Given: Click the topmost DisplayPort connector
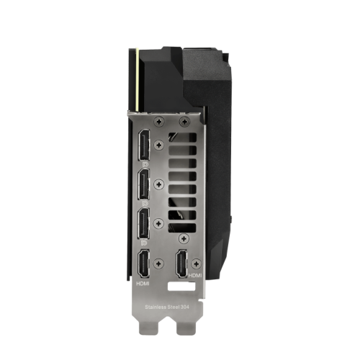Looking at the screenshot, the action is (x=144, y=145).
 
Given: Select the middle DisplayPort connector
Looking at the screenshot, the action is (x=144, y=184).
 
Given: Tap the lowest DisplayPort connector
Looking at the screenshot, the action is (x=144, y=223).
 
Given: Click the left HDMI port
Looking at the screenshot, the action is (x=143, y=264).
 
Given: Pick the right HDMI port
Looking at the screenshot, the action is (x=181, y=264).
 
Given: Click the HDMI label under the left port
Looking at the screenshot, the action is (x=143, y=284).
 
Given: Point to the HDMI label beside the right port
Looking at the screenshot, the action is (x=195, y=275).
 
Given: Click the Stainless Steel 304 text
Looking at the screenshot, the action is (x=167, y=307).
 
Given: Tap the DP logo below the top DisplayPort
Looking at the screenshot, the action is (x=145, y=165).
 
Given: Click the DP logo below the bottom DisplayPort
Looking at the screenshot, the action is (x=144, y=243).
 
